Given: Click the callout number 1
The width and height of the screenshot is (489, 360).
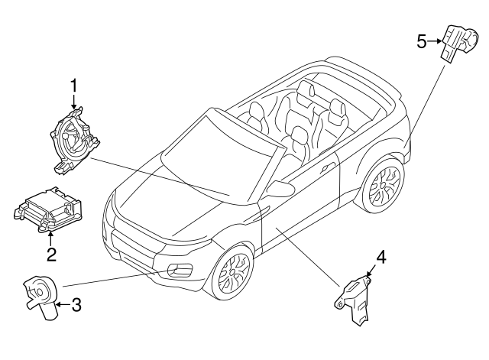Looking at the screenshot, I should tap(74, 86).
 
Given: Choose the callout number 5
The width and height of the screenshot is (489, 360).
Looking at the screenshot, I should tap(422, 41).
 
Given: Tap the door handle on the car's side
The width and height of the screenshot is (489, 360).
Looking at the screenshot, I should tap(328, 166).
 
